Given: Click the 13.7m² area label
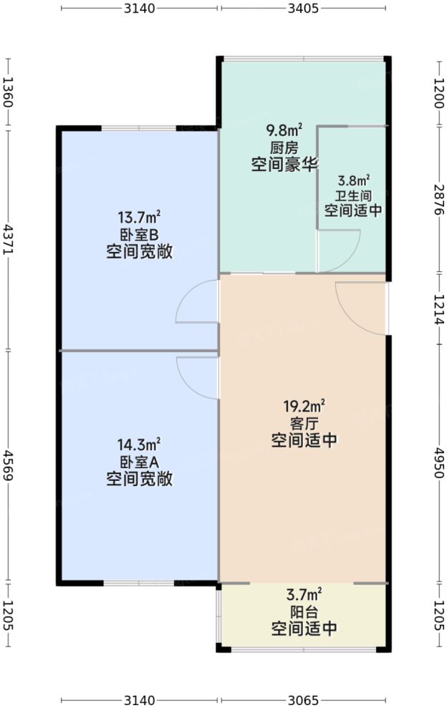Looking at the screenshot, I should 139,217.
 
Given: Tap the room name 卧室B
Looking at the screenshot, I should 139,235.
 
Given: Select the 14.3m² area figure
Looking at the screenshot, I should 139,444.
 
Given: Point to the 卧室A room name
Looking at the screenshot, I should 139,462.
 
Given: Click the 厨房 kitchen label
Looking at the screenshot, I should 284,148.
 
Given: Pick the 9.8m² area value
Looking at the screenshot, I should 284,130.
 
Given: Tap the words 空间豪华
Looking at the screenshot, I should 284,166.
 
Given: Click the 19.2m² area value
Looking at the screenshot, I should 304,406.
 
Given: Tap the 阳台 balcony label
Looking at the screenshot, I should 304,613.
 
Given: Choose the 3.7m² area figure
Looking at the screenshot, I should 304,594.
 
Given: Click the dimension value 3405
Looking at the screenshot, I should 304,9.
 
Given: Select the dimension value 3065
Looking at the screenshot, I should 304,699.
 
